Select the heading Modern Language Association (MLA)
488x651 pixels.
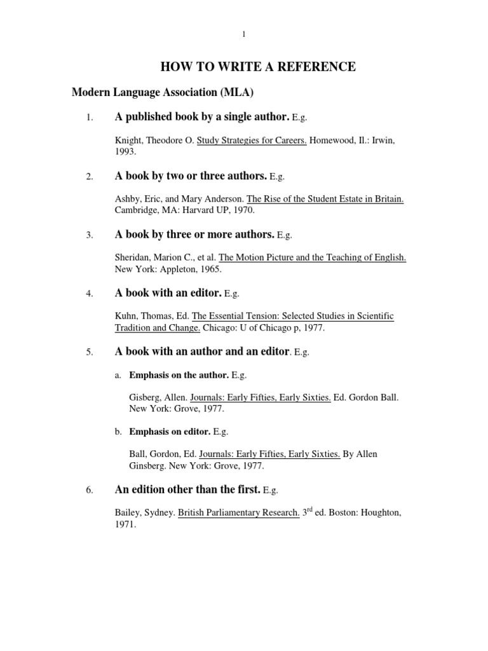163,93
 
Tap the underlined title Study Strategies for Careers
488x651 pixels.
252,140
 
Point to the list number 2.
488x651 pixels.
90,177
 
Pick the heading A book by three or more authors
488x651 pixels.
194,235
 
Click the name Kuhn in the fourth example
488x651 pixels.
126,315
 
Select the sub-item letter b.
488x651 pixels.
118,432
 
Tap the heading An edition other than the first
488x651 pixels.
187,490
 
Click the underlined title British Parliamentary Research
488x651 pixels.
238,512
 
